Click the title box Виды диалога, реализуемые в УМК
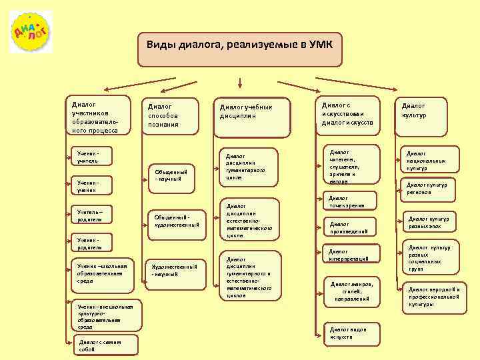coord(239,48)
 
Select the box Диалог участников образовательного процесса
coord(97,117)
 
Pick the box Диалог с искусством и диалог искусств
coord(348,114)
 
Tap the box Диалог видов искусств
coord(351,332)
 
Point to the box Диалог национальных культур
coord(432,160)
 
